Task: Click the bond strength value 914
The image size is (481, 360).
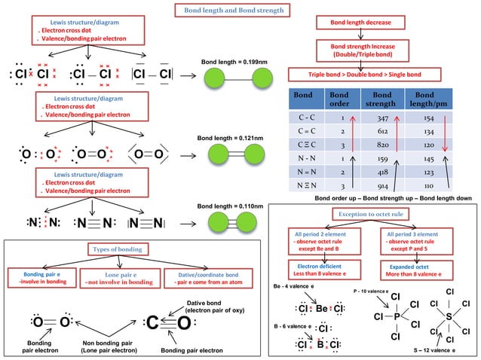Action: (381, 185)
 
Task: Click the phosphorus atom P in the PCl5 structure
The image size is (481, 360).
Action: (395, 317)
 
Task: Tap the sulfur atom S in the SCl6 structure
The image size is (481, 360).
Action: (449, 317)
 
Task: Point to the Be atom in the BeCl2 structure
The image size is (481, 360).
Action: (323, 309)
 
